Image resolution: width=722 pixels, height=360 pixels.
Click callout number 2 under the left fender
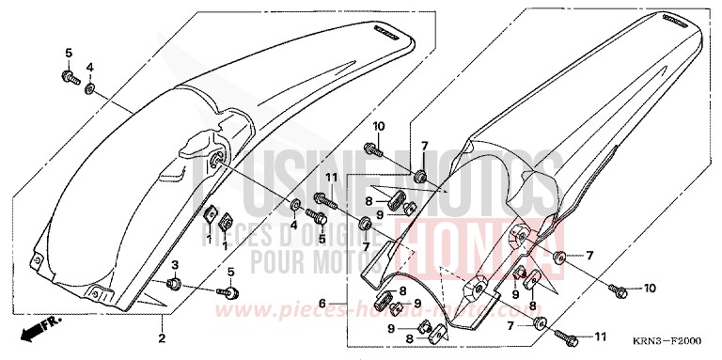click(x=161, y=337)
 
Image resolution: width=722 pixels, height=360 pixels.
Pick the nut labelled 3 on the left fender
click(x=174, y=283)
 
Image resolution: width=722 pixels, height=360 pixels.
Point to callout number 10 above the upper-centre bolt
click(x=378, y=126)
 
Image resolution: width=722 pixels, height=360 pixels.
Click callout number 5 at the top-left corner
click(x=68, y=50)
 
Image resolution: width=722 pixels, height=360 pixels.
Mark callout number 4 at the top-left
click(x=90, y=67)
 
